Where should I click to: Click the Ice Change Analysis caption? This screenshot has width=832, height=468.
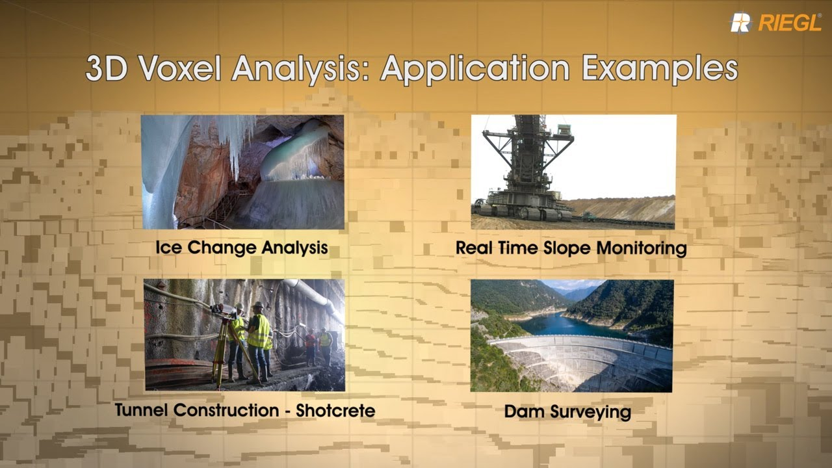[x=241, y=248]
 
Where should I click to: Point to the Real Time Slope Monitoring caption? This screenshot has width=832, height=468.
[x=571, y=248]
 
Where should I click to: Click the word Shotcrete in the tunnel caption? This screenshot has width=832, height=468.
[x=335, y=410]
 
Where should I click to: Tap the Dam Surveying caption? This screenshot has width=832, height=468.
[x=567, y=411]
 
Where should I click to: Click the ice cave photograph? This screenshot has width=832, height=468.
[x=242, y=172]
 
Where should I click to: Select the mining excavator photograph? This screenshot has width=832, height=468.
[x=573, y=172]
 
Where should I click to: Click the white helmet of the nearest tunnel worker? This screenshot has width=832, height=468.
[x=257, y=305]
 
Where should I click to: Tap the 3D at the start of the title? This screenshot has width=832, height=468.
[x=105, y=69]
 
